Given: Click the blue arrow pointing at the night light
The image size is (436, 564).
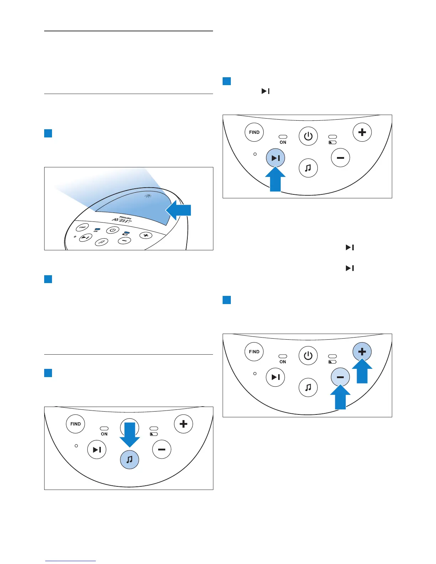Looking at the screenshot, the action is (x=179, y=210).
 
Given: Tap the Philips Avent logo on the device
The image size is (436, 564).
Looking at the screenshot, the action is (x=123, y=220).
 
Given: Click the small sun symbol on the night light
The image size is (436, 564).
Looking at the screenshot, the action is (x=148, y=196).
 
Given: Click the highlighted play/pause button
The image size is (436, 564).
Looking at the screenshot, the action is (x=275, y=158).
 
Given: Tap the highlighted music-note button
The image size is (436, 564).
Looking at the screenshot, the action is (x=129, y=459).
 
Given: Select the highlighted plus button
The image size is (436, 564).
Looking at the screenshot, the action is (x=362, y=351).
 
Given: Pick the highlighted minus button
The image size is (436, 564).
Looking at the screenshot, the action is (x=340, y=377).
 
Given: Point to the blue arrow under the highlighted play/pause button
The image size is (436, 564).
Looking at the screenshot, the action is (x=275, y=179).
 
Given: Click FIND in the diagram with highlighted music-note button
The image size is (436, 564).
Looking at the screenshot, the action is (x=76, y=424).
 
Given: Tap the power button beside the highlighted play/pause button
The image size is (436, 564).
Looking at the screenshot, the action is (x=308, y=136).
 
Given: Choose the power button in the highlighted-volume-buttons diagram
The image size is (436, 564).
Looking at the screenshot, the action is (x=308, y=355).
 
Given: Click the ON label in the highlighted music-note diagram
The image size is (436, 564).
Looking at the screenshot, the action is (x=104, y=434).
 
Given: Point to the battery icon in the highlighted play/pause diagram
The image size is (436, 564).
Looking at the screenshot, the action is (x=332, y=142).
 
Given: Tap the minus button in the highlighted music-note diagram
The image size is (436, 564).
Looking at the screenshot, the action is (x=161, y=450).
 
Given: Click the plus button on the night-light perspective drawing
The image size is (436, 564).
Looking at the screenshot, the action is (x=145, y=235).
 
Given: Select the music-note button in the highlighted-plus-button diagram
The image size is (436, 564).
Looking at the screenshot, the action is (x=308, y=387).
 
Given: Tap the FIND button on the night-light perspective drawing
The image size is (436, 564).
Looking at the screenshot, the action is (x=82, y=227).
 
